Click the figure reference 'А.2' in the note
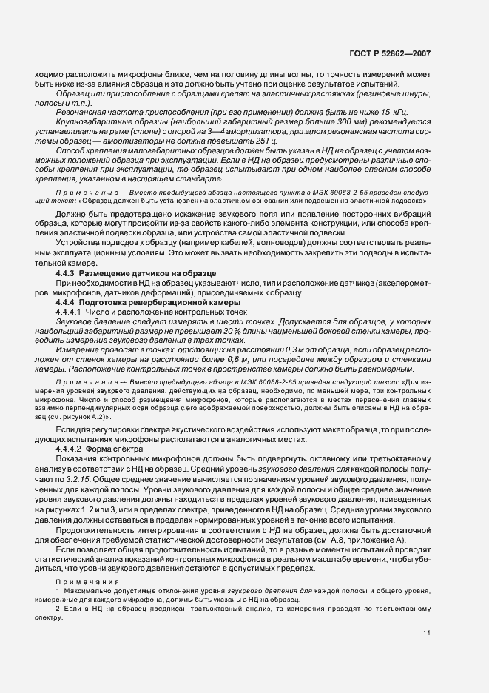tap(107, 419)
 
